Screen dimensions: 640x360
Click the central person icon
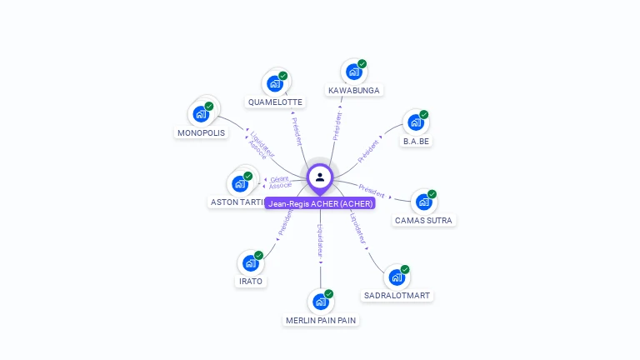point(320,177)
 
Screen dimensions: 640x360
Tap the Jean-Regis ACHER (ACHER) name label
point(321,203)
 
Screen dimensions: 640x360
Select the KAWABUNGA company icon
point(353,72)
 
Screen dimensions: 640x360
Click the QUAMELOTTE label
point(275,102)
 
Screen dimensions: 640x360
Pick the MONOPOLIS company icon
point(201,115)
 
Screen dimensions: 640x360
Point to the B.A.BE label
point(417,142)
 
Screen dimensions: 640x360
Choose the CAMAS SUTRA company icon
point(423,202)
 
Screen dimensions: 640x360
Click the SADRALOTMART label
point(397,296)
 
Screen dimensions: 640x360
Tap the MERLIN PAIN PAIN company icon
point(320,302)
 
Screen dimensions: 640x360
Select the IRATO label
point(251,282)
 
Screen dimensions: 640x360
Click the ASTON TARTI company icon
point(240,184)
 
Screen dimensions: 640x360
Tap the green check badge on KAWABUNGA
point(362,64)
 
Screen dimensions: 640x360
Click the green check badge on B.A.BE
point(424,115)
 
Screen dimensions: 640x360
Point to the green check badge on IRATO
point(259,255)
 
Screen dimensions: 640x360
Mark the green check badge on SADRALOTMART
point(405,269)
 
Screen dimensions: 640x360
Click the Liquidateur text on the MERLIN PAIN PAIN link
point(320,241)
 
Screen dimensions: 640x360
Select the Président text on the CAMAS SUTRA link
point(372,190)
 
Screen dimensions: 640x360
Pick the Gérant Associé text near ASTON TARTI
point(280,182)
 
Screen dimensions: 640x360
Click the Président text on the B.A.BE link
point(368,150)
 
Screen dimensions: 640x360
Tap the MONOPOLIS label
point(201,133)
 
